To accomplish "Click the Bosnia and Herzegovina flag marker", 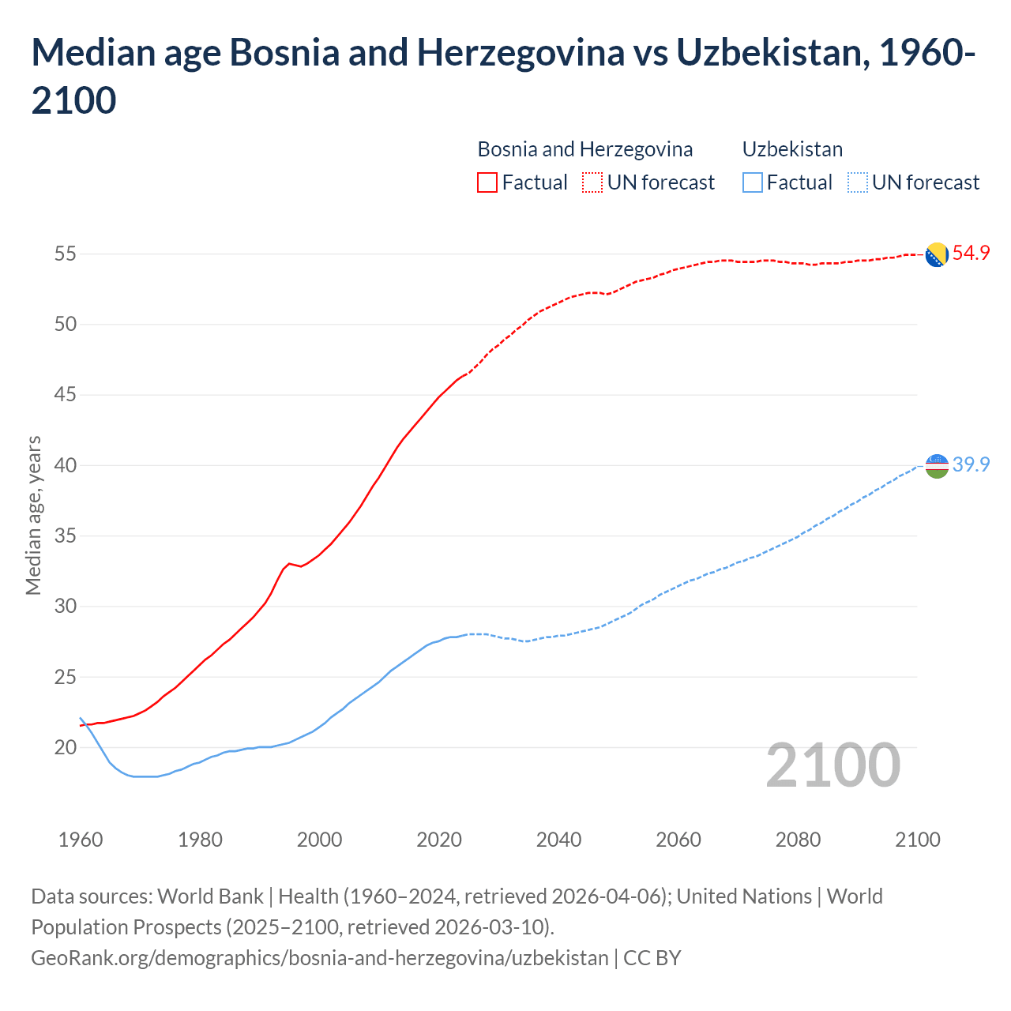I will [x=937, y=254].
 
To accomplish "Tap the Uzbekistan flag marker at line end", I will [x=937, y=466].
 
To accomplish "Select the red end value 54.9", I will [x=971, y=254].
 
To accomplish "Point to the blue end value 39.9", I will [x=971, y=464].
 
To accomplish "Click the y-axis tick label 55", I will [x=65, y=254].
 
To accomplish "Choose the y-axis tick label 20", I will [x=65, y=747].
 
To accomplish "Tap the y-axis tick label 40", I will [x=65, y=465].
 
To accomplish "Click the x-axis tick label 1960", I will [x=81, y=840].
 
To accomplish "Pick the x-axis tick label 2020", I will [x=439, y=840].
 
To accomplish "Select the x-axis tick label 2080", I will [x=798, y=840].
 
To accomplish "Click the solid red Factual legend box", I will [x=487, y=182].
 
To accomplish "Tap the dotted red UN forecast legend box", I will [x=592, y=182].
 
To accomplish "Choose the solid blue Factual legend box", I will [x=753, y=182].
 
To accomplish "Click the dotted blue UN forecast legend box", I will [x=858, y=182].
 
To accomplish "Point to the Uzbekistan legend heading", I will [x=792, y=149].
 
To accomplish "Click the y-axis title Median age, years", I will [x=33, y=515].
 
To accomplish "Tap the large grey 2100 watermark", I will [x=832, y=765].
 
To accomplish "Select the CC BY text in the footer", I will [x=652, y=958].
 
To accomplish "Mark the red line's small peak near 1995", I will [x=289, y=563].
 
